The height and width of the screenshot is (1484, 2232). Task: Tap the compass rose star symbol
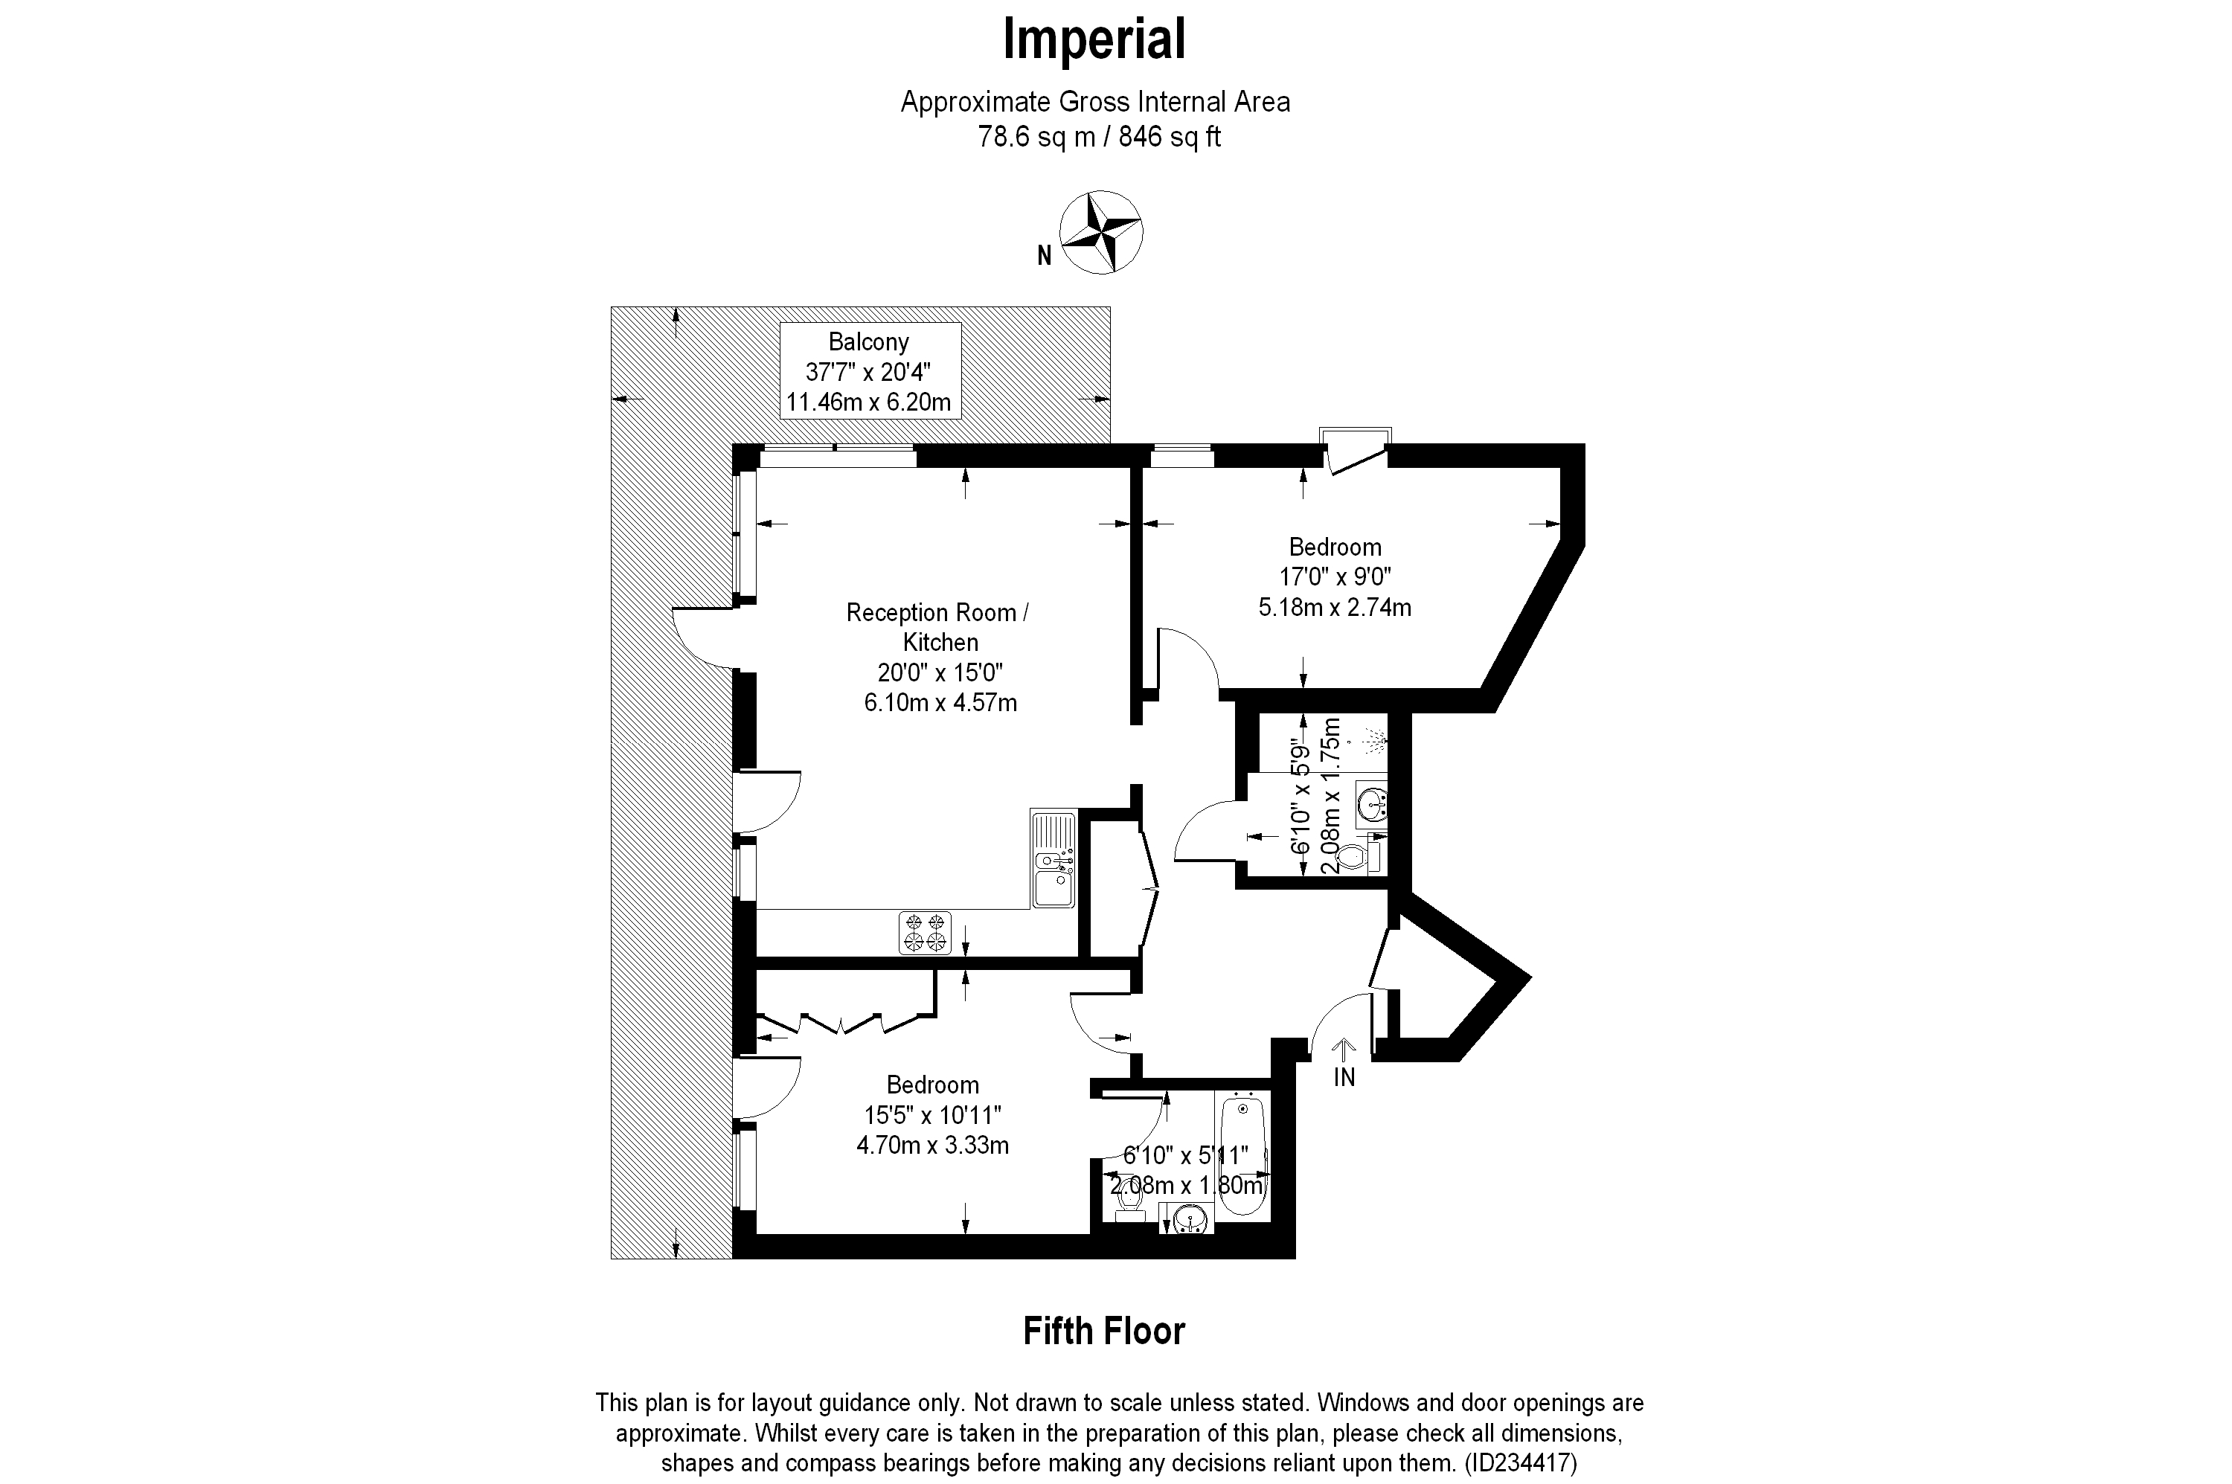(x=1100, y=232)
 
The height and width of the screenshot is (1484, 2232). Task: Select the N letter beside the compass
(x=1044, y=257)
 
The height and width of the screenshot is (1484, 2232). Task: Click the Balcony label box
(x=869, y=371)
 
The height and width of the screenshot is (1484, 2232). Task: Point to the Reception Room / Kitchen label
(x=938, y=626)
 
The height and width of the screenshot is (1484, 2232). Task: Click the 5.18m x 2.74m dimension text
(x=1334, y=608)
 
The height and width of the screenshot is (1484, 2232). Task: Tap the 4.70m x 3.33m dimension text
(x=932, y=1146)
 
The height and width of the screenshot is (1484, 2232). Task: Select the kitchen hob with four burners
(x=925, y=931)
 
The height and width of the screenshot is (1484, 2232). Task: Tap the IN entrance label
(x=1344, y=1077)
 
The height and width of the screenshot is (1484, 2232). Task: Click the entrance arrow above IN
(x=1344, y=1047)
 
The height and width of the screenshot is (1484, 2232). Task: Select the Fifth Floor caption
(x=1103, y=1331)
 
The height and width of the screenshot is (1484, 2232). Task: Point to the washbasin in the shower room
(x=1370, y=806)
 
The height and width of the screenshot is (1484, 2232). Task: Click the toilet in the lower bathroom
(x=1129, y=1199)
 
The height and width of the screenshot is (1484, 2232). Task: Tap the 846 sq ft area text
(x=1169, y=137)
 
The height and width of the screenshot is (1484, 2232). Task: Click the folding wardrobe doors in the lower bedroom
(x=841, y=1022)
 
